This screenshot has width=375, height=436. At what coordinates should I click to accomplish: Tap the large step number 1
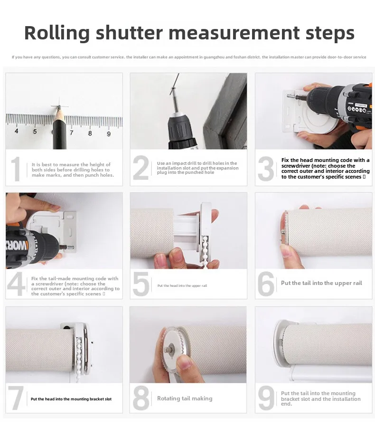pos(16,170)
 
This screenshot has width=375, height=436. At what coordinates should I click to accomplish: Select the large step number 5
pos(141,284)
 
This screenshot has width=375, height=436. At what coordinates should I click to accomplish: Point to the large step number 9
pos(266,398)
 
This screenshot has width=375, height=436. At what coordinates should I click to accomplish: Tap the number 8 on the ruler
pos(90,133)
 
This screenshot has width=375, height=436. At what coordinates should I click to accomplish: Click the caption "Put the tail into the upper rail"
pos(321,283)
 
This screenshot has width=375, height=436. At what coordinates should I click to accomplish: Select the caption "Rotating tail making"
pos(185,398)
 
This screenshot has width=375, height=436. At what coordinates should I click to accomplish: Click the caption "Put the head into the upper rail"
pos(182,286)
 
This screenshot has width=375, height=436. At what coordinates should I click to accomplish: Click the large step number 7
pos(16,398)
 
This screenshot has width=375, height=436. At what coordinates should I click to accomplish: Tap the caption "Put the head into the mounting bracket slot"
pos(71,399)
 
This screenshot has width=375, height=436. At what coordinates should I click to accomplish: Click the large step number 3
pos(266,170)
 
